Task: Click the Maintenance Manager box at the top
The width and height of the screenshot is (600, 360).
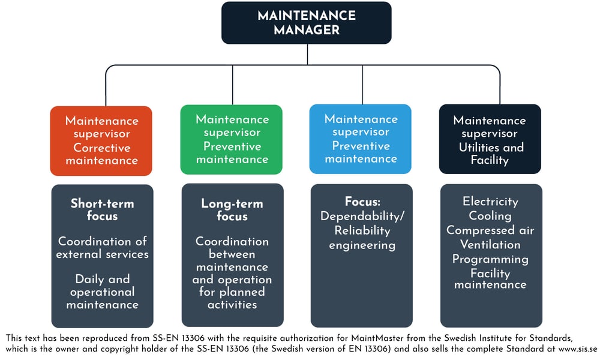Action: (x=307, y=23)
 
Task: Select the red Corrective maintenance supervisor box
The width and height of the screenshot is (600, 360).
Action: (x=101, y=140)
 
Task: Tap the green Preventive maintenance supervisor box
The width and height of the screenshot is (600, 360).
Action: (x=232, y=139)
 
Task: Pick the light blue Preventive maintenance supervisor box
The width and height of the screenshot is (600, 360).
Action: (x=361, y=139)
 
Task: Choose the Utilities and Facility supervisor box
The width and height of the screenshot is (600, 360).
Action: (x=490, y=140)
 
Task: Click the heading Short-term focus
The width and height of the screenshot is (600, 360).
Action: (x=102, y=209)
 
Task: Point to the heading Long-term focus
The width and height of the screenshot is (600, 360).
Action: (x=232, y=209)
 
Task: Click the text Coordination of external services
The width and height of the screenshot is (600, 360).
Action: (x=102, y=247)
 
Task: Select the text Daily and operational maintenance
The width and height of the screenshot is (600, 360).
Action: (x=102, y=292)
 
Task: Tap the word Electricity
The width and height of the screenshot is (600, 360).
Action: (x=490, y=202)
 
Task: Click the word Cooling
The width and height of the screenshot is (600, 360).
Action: (x=490, y=216)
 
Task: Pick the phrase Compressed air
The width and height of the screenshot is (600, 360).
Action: (x=490, y=230)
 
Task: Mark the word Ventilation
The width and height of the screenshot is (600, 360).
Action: (x=490, y=245)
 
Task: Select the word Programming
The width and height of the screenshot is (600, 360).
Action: (x=490, y=259)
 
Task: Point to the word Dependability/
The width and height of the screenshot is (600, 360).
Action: (x=361, y=216)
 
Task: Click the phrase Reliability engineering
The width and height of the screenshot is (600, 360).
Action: (x=361, y=238)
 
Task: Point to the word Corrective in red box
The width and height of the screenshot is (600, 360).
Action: (x=101, y=147)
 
